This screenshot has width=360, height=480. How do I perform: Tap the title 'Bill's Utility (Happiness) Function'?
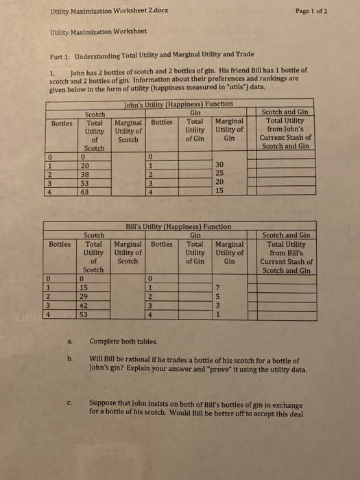(176, 226)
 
